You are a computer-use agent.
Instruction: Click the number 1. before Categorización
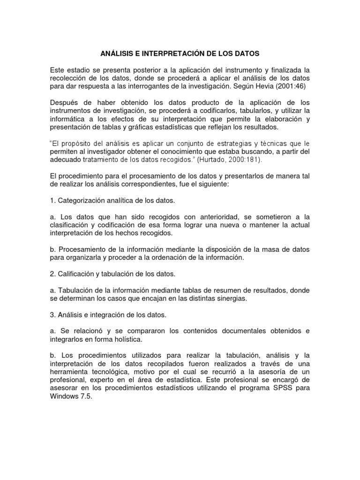tap(53, 201)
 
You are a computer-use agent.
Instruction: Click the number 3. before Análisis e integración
tap(53, 314)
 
